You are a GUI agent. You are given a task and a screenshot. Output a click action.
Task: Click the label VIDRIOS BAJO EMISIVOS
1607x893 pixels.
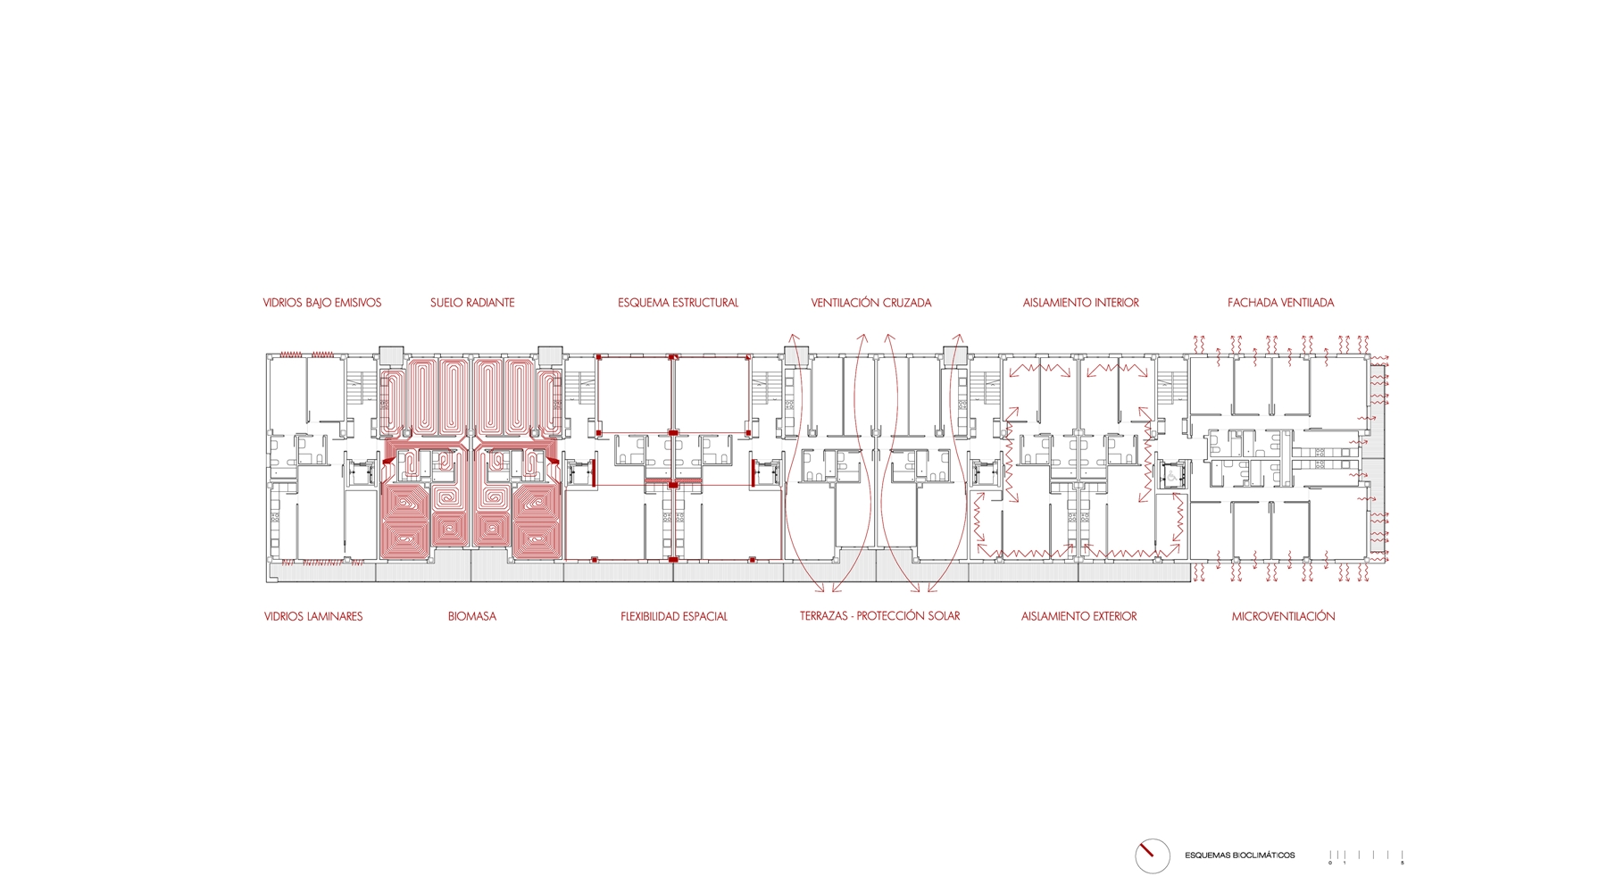point(322,303)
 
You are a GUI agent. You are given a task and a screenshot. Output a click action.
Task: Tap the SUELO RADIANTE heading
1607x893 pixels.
point(472,303)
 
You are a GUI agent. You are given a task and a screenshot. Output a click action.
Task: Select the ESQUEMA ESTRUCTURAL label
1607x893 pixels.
point(679,303)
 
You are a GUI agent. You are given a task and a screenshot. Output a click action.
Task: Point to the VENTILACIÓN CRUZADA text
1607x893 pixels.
point(871,303)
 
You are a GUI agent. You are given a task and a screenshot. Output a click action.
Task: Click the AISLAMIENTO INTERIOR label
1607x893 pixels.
point(1081,303)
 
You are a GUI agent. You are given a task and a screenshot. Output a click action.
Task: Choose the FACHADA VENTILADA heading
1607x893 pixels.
point(1281,303)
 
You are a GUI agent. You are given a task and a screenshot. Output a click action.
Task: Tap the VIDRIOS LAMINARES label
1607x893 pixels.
point(313,616)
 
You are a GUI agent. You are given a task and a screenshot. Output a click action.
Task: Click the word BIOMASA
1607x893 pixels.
point(472,616)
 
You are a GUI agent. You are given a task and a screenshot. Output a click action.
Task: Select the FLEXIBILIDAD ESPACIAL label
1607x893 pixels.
point(674,616)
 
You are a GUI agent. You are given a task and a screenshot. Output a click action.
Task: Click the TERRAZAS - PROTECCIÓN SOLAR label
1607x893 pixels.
point(880,616)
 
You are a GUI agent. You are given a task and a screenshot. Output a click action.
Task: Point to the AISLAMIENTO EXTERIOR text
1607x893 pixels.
point(1079,616)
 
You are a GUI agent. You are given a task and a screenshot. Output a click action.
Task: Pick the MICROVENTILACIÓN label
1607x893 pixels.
point(1284,616)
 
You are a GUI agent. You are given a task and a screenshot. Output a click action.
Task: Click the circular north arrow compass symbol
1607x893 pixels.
point(1153,855)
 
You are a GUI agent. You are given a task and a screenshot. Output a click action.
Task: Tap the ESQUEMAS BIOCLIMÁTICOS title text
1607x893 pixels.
point(1240,855)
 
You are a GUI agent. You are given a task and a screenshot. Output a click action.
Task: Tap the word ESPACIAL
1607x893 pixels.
point(704,616)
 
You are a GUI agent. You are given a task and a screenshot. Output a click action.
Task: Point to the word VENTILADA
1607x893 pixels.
point(1306,303)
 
